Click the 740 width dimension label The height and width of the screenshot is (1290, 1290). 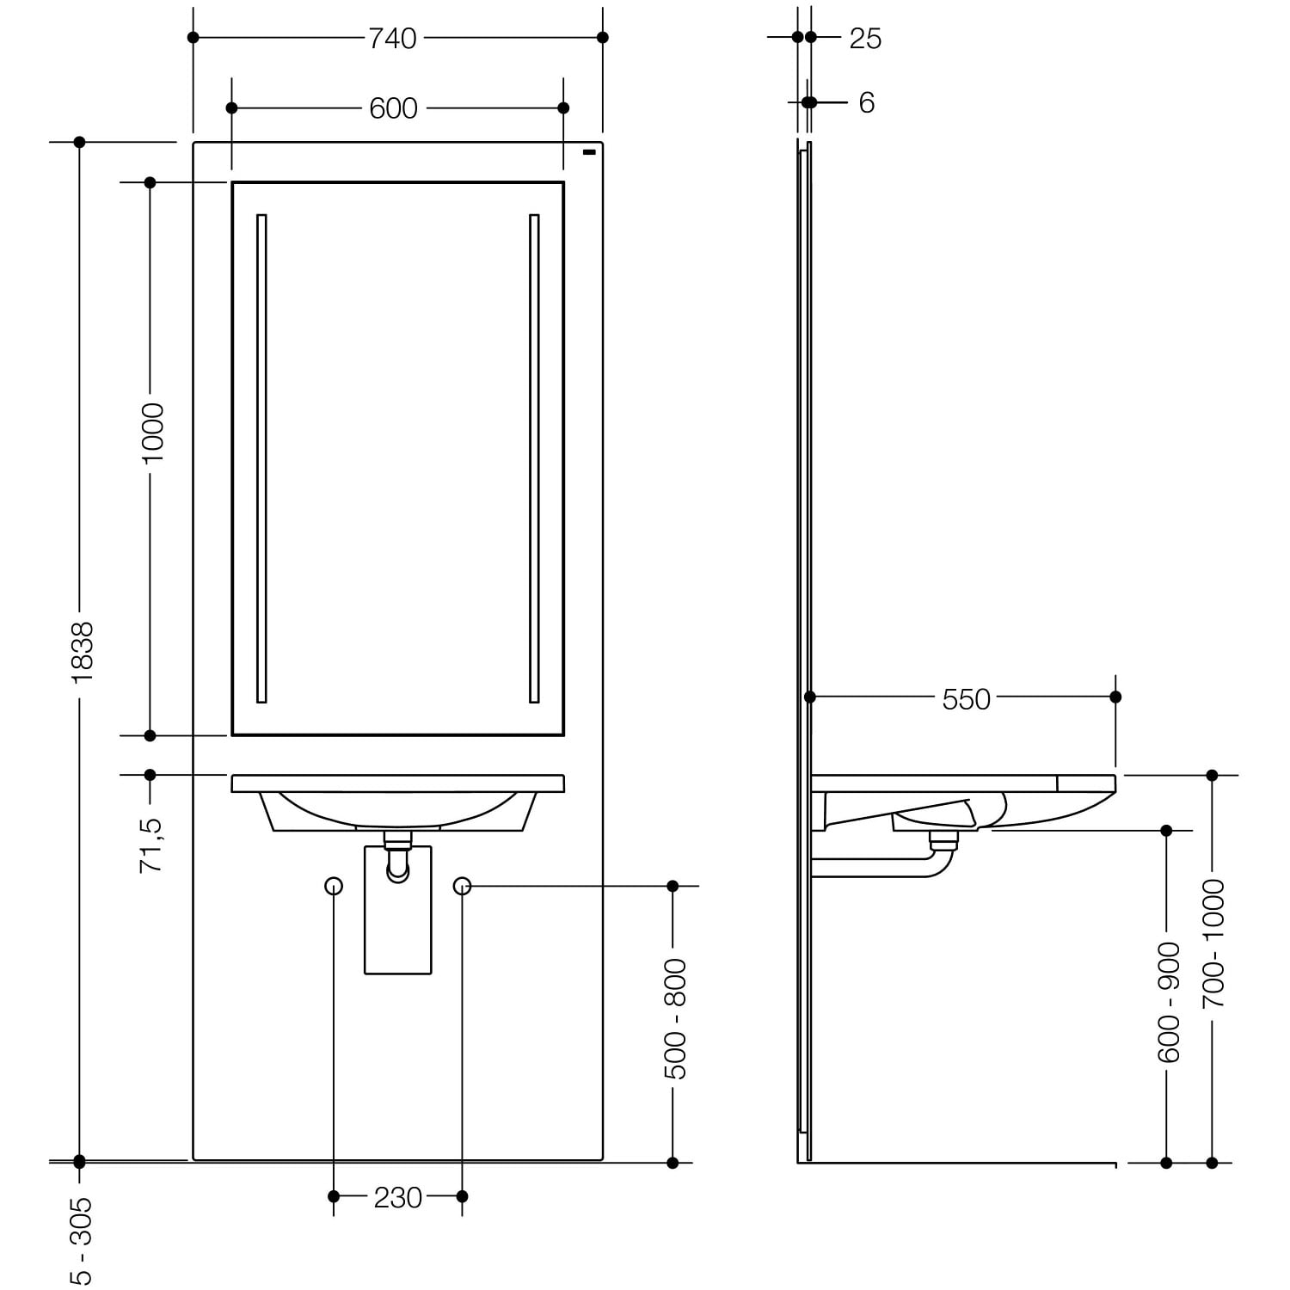click(392, 38)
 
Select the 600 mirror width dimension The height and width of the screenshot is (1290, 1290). click(393, 108)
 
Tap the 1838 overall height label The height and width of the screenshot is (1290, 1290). click(83, 653)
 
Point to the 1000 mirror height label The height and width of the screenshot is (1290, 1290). click(153, 433)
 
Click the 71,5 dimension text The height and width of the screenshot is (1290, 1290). click(151, 845)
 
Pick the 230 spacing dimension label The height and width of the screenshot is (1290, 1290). click(398, 1197)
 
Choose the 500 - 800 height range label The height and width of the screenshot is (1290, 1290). click(676, 1019)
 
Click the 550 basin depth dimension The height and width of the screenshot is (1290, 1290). click(967, 699)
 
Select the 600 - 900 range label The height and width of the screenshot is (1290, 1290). click(1170, 1002)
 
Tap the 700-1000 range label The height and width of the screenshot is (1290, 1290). click(1213, 943)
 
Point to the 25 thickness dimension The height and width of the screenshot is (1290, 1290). click(865, 39)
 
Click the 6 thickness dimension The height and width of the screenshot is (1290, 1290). click(867, 103)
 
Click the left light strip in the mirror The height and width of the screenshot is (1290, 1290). click(261, 458)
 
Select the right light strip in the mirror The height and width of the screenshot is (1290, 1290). click(534, 458)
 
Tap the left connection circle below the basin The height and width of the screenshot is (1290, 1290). click(334, 886)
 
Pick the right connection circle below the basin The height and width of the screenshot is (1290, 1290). click(462, 886)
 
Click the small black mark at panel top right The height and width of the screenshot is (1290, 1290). click(589, 153)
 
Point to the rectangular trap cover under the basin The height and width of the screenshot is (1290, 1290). click(398, 910)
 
